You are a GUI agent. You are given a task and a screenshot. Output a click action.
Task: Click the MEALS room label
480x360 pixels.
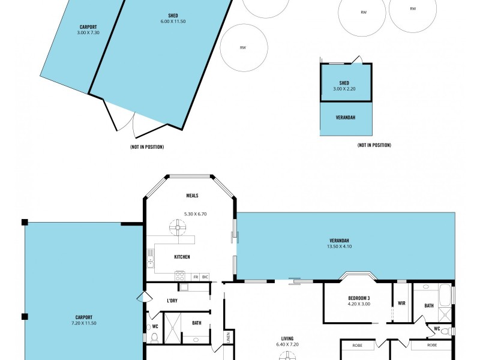click(x=192, y=196)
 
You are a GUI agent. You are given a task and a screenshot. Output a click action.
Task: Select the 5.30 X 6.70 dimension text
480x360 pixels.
click(x=195, y=214)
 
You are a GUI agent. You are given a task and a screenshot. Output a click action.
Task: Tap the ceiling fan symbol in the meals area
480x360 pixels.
click(x=178, y=228)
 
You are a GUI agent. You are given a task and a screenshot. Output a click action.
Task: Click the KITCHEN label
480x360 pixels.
click(x=182, y=257)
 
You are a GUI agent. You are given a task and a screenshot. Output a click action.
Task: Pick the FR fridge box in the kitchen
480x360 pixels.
click(x=196, y=277)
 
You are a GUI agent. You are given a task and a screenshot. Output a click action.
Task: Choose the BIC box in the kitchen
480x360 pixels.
click(x=205, y=277)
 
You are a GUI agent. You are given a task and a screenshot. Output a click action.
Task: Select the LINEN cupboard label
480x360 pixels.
click(x=228, y=337)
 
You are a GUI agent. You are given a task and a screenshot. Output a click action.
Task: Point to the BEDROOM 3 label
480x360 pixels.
click(x=359, y=298)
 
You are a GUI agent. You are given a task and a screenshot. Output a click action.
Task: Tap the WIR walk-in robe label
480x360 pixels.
click(x=401, y=303)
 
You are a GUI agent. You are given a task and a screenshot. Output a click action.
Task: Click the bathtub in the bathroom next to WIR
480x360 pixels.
click(x=444, y=295)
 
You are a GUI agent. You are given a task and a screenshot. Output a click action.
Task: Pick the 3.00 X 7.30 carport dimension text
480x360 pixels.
click(x=88, y=32)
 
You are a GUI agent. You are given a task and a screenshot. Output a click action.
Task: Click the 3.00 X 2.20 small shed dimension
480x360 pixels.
click(x=344, y=89)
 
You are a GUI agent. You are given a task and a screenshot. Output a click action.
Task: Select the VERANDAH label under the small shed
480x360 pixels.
click(x=346, y=117)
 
